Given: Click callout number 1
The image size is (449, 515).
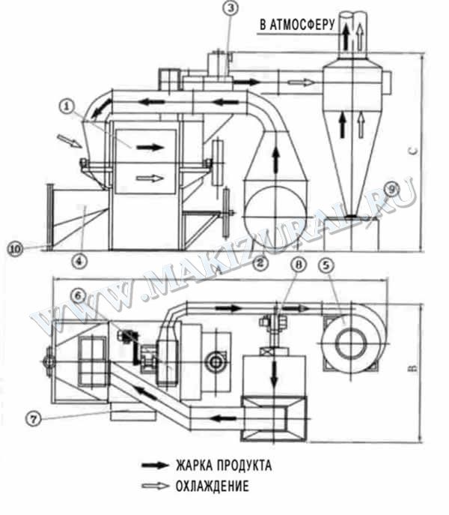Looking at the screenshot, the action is click(67, 106).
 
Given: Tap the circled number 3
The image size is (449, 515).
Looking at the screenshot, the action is click(231, 8).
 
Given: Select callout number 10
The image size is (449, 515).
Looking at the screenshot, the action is click(15, 249).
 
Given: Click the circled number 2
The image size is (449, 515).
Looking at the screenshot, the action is click(260, 262).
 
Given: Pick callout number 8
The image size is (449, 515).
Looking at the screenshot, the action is click(298, 265).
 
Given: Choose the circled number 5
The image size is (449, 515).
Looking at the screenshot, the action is click(326, 265).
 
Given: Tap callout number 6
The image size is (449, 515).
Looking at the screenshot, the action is click(79, 295).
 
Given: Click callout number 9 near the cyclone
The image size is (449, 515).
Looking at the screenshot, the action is click(393, 189).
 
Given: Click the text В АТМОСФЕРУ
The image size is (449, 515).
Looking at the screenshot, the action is click(298, 25).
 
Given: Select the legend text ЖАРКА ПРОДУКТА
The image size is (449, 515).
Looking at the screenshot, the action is click(224, 466).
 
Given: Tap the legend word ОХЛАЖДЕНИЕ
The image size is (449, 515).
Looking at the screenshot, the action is click(213, 486).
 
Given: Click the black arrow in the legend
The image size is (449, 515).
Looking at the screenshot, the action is click(155, 466).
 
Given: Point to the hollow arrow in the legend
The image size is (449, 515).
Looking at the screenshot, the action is click(155, 486).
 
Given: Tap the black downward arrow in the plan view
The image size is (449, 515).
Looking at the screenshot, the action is click(274, 374).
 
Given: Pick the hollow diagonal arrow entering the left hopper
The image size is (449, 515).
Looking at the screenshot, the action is click(70, 141).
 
